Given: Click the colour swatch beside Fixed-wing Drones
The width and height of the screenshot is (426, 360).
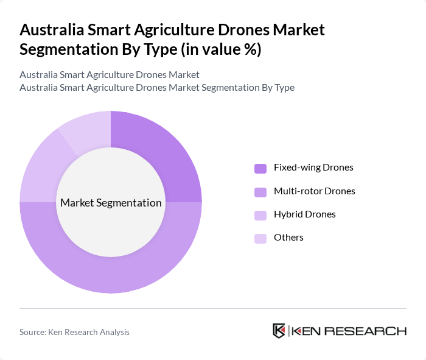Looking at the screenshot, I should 260,168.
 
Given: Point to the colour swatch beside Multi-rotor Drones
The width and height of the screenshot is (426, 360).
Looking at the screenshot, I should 260,192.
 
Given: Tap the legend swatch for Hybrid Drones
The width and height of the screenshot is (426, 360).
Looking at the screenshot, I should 260,215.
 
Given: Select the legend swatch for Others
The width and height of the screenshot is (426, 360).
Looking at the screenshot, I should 260,238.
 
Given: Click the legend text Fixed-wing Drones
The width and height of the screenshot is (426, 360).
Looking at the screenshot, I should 313,168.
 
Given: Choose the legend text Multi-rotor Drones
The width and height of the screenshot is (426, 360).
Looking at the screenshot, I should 314,191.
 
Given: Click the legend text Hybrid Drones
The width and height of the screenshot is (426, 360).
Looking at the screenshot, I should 304,214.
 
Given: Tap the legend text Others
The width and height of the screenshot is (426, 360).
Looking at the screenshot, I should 288,238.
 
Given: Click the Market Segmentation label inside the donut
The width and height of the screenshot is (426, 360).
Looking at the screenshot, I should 111,203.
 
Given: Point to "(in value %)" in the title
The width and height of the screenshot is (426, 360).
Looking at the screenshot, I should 215,49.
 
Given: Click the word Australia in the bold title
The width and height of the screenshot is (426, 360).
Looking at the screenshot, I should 51,30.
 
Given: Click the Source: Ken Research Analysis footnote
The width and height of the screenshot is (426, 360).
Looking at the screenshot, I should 74,332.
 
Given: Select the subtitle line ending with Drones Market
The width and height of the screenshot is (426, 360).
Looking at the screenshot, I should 110,75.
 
